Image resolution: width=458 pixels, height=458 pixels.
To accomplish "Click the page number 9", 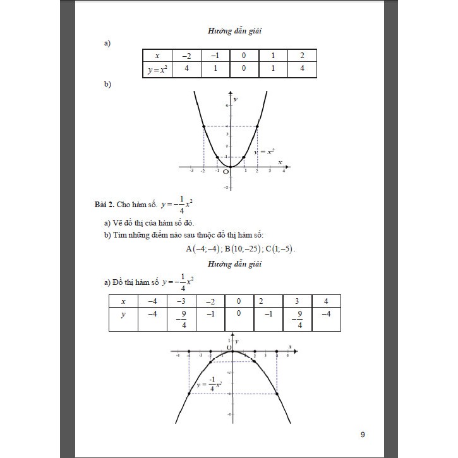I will [x=363, y=434].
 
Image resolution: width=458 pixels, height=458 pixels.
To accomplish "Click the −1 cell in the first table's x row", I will [x=215, y=56].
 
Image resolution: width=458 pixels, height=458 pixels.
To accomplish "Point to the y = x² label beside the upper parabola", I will [x=263, y=152].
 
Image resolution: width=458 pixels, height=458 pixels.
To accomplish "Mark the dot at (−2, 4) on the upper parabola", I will [x=203, y=126].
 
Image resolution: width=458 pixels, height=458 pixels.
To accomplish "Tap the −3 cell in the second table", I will [x=180, y=301].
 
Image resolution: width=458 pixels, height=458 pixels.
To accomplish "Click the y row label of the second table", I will [x=124, y=313].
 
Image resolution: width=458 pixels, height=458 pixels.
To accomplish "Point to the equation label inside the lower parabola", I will [x=208, y=384].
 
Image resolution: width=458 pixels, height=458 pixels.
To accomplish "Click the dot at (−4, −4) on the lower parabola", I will [x=189, y=394].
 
